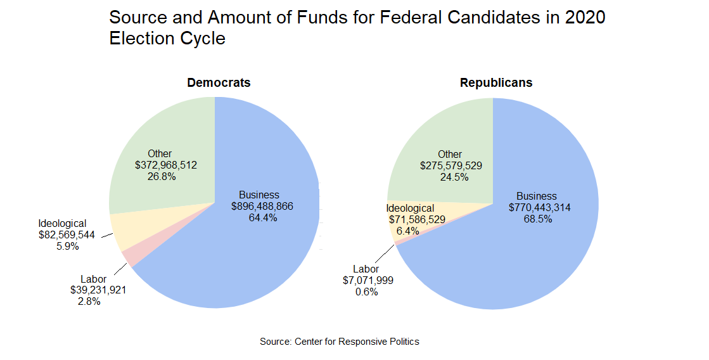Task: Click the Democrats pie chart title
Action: pyautogui.click(x=219, y=83)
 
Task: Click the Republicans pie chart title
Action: pyautogui.click(x=496, y=83)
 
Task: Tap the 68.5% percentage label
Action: pyautogui.click(x=537, y=219)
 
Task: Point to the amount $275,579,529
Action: pyautogui.click(x=450, y=166)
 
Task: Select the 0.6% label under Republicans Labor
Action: pyautogui.click(x=366, y=292)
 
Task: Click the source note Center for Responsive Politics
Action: pyautogui.click(x=340, y=342)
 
